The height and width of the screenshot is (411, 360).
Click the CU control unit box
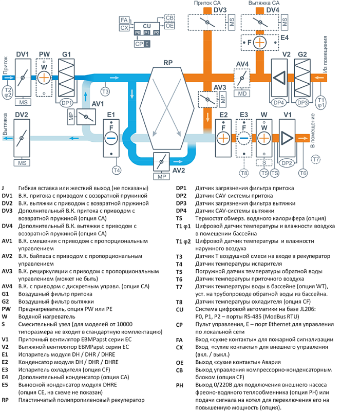pyautogui.click(x=147, y=29)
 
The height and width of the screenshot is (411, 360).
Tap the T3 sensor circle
pyautogui.click(x=105, y=91)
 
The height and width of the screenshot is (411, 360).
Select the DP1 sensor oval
pyautogui.click(x=67, y=103)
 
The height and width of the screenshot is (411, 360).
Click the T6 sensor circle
pyautogui.click(x=303, y=173)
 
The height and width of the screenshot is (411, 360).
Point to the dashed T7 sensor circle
pyautogui.click(x=316, y=159)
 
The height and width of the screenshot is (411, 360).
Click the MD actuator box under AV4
pyautogui.click(x=242, y=94)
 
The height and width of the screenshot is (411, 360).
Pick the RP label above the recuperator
pyautogui.click(x=168, y=63)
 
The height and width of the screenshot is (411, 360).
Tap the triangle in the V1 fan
pyautogui.click(x=287, y=138)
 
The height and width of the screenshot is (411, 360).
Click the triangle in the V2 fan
pyautogui.click(x=279, y=78)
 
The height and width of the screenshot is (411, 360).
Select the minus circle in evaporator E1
pyautogui.click(x=111, y=138)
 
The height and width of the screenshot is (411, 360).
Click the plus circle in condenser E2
pyautogui.click(x=223, y=138)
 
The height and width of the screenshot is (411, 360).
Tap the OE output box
pyautogui.click(x=169, y=26)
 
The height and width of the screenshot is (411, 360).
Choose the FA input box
pyautogui.click(x=124, y=20)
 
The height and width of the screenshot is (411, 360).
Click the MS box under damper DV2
pyautogui.click(x=22, y=163)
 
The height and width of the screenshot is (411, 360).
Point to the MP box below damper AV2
pyautogui.click(x=161, y=176)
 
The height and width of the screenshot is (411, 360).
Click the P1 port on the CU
pyautogui.click(x=147, y=32)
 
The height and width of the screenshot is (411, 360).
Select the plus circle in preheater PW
pyautogui.click(x=44, y=78)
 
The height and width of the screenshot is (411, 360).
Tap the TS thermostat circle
pyautogui.click(x=275, y=173)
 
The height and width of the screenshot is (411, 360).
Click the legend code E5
pyautogui.click(x=5, y=385)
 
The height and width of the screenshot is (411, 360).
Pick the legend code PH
pyautogui.click(x=179, y=385)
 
